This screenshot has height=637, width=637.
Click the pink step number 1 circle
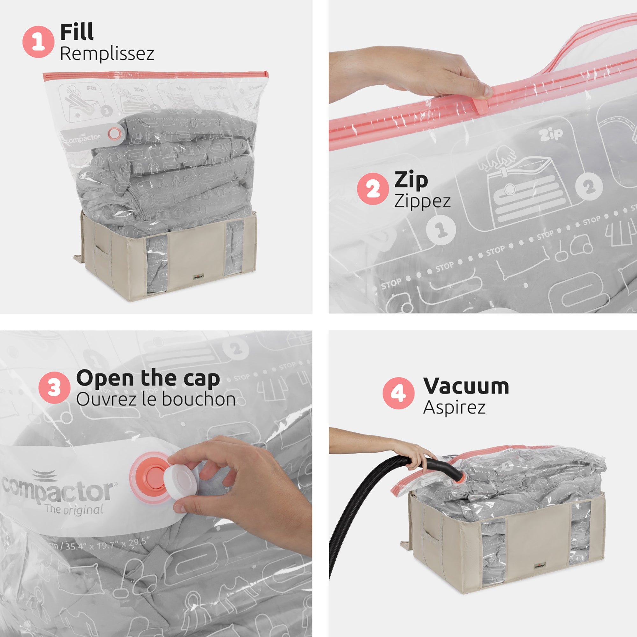(38, 42)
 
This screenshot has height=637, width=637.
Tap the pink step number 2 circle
(373, 189)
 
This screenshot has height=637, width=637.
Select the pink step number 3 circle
(54, 387)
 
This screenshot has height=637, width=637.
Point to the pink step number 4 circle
(398, 393)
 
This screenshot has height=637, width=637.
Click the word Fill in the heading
(77, 32)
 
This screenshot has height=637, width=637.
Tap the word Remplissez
(107, 54)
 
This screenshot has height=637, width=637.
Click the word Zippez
(422, 201)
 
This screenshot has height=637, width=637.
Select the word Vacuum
(466, 386)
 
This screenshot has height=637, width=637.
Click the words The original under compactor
(74, 510)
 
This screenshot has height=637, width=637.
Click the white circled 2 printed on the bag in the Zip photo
(589, 187)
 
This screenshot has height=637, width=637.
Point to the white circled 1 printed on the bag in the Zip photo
(441, 230)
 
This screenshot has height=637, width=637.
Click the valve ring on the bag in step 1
(114, 133)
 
